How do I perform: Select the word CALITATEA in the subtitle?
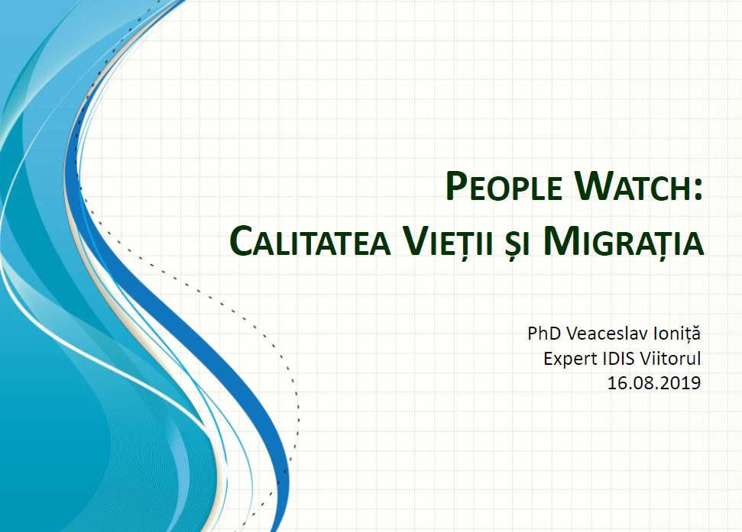tap(310, 240)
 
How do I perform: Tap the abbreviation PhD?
tap(544, 333)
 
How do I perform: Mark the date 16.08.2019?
tap(654, 382)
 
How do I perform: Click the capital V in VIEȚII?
tap(414, 240)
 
